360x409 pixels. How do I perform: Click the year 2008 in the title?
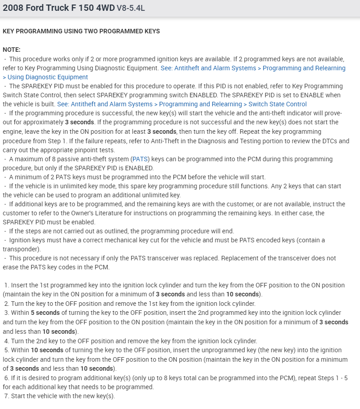click(12, 8)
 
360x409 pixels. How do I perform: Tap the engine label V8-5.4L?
click(131, 9)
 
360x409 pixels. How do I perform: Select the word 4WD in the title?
click(105, 8)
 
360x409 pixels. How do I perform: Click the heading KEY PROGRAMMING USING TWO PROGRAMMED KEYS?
click(81, 32)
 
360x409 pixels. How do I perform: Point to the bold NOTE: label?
click(12, 50)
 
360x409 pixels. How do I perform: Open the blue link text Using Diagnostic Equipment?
click(48, 77)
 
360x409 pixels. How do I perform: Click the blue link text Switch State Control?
click(278, 104)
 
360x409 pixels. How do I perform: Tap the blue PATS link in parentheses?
click(139, 159)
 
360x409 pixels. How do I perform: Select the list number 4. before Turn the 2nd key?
click(7, 341)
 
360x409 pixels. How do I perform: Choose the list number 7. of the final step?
click(7, 396)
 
